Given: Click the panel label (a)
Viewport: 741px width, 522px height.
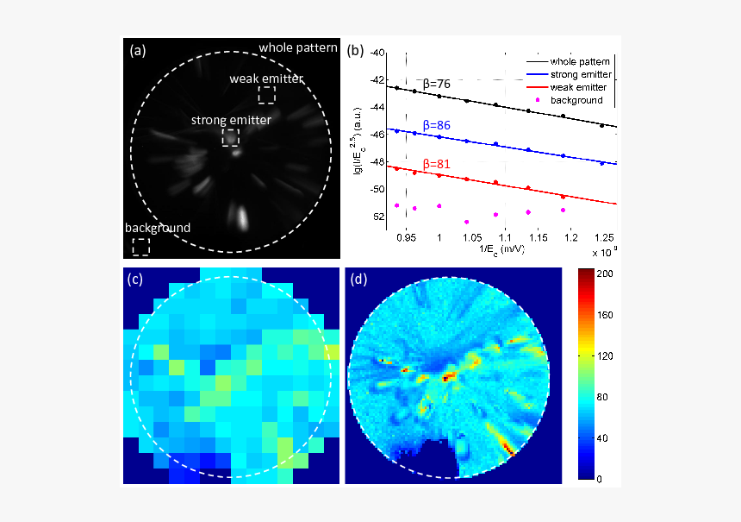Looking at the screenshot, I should click(x=137, y=51).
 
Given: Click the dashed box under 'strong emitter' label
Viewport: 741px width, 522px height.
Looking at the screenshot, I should click(x=231, y=137).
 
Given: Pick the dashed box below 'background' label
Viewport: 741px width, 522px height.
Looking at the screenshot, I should click(x=140, y=247).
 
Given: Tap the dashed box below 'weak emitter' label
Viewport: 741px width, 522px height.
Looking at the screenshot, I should click(x=268, y=96).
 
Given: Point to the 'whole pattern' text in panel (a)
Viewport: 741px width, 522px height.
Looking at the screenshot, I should click(x=298, y=47).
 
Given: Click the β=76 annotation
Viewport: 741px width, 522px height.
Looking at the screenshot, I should click(x=439, y=84).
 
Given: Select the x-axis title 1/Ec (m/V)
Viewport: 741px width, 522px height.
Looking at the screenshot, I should click(x=501, y=249).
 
